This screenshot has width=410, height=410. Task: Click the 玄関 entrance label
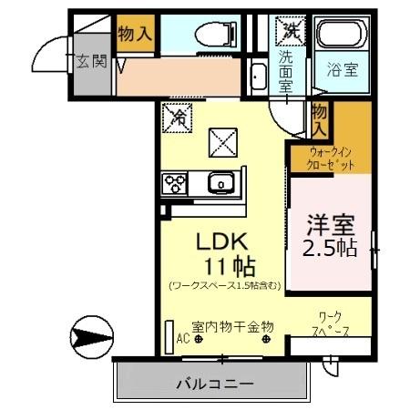[91, 61]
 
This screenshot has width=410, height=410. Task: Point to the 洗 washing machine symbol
[290, 30]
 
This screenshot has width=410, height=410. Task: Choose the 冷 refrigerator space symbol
[178, 117]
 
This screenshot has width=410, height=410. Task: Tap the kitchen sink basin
[220, 185]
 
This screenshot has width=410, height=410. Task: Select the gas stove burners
[174, 185]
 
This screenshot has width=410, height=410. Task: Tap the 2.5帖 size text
[329, 248]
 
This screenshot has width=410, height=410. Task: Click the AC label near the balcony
[181, 338]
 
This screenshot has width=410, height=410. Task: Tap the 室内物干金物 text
[227, 327]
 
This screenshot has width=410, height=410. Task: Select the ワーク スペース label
[328, 325]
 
